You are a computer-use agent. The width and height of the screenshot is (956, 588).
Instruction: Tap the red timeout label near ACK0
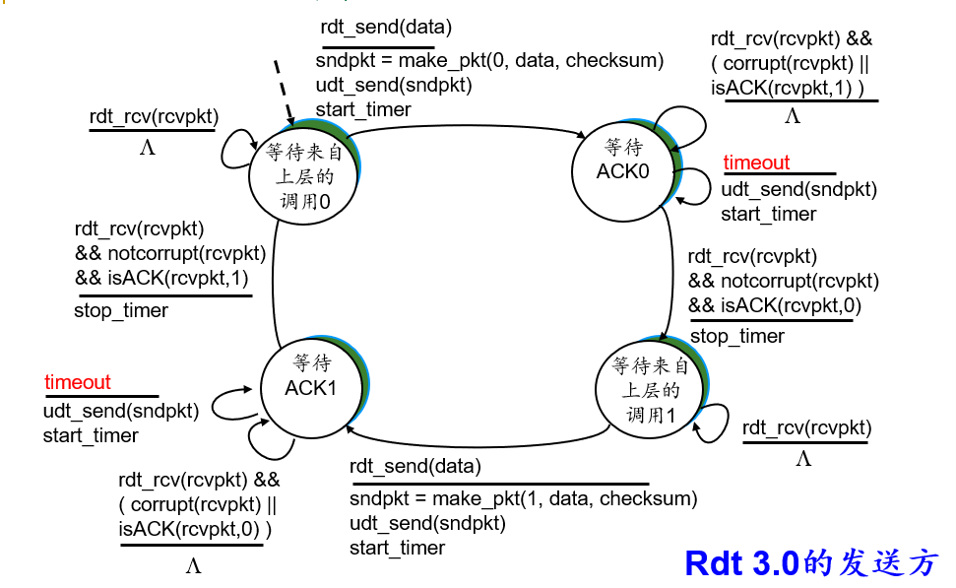(x=756, y=163)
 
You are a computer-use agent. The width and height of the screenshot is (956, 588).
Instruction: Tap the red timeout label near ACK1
(x=78, y=382)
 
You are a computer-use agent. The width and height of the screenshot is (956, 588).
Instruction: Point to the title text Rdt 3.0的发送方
(x=811, y=563)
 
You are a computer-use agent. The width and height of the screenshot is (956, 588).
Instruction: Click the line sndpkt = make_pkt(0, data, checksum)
(x=489, y=61)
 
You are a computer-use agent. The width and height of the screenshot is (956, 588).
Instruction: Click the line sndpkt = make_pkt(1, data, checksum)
(x=523, y=498)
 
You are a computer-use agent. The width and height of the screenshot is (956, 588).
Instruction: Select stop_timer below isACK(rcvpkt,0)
(x=737, y=337)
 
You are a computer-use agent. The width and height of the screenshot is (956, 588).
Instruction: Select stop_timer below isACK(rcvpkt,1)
(x=121, y=311)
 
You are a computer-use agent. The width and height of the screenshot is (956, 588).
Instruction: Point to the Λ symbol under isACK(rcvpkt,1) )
(x=792, y=117)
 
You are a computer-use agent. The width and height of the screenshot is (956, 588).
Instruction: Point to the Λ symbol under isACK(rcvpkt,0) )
(x=193, y=565)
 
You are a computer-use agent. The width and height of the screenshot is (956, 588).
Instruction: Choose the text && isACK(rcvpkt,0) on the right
(x=775, y=306)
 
